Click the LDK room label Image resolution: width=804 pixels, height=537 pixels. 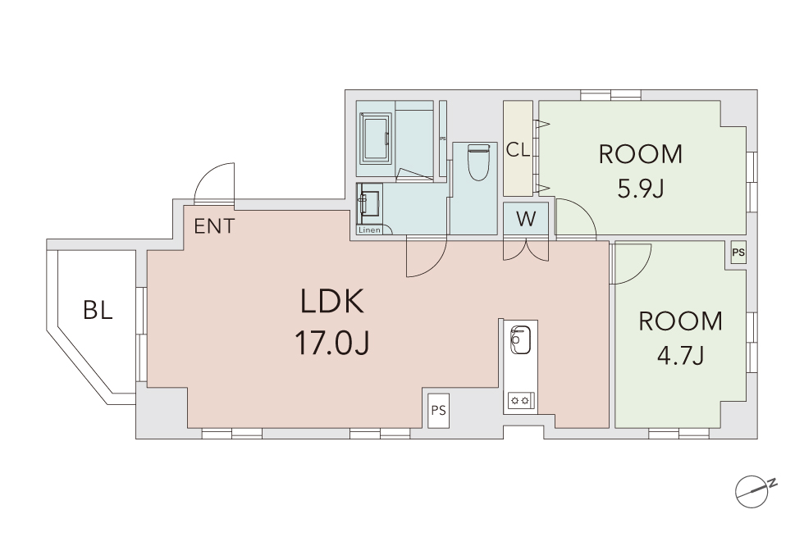coord(331,302)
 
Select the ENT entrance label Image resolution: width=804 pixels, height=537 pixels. coord(214,226)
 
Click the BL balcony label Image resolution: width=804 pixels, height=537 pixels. coord(98,310)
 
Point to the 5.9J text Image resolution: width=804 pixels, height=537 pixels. coord(641,189)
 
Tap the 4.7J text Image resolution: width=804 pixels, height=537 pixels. coord(680,354)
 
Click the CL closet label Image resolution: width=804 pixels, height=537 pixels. coord(518,150)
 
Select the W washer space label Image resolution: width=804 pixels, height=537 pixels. coord(526,219)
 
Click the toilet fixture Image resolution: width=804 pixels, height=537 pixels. coord(479,162)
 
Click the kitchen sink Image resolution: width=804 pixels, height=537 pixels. coord(520,340)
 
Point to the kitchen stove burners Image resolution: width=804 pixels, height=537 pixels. coord(521,400)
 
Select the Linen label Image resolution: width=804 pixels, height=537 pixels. coord(369,230)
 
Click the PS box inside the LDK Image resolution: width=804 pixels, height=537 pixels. coord(438,411)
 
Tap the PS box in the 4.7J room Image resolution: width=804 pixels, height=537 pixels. coord(738,253)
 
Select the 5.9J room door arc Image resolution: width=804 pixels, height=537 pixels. coord(581,210)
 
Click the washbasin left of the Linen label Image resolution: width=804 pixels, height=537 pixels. coord(370,203)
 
